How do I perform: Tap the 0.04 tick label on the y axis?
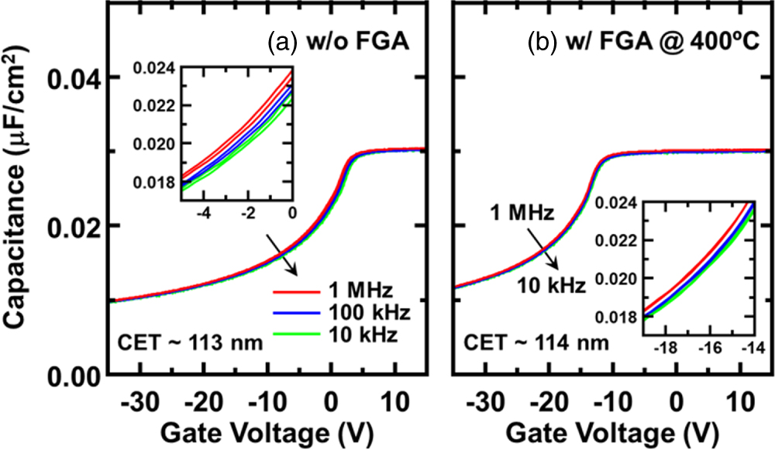coord(73,77)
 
